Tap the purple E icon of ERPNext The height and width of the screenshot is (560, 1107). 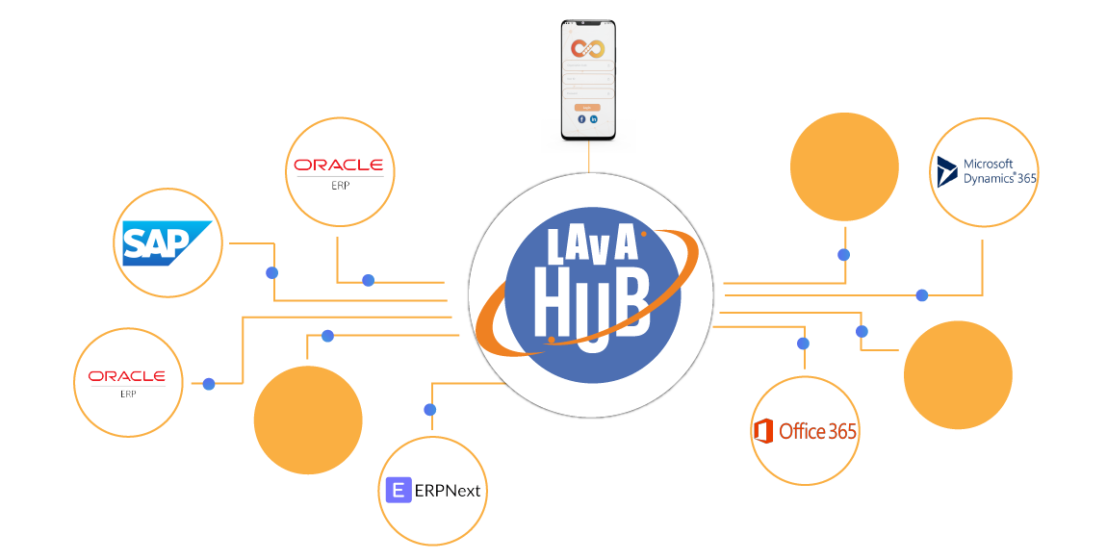(x=398, y=490)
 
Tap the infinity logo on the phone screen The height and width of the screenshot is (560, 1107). (x=586, y=48)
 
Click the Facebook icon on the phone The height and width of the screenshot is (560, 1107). (x=581, y=119)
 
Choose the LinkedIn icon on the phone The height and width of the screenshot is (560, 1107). (x=594, y=119)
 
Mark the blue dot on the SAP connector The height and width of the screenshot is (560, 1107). (x=271, y=272)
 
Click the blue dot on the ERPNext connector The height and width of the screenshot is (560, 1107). (x=430, y=410)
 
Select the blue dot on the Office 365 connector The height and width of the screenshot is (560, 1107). (x=803, y=344)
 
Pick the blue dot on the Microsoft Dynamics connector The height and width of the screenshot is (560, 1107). (x=922, y=295)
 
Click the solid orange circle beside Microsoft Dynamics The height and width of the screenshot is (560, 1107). (x=844, y=166)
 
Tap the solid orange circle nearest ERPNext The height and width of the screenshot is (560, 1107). (x=308, y=420)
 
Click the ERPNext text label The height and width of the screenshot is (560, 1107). (x=448, y=491)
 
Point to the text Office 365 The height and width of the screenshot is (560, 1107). (x=817, y=431)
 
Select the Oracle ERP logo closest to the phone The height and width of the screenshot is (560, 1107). (x=339, y=169)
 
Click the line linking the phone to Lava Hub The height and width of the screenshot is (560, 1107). (x=588, y=163)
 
